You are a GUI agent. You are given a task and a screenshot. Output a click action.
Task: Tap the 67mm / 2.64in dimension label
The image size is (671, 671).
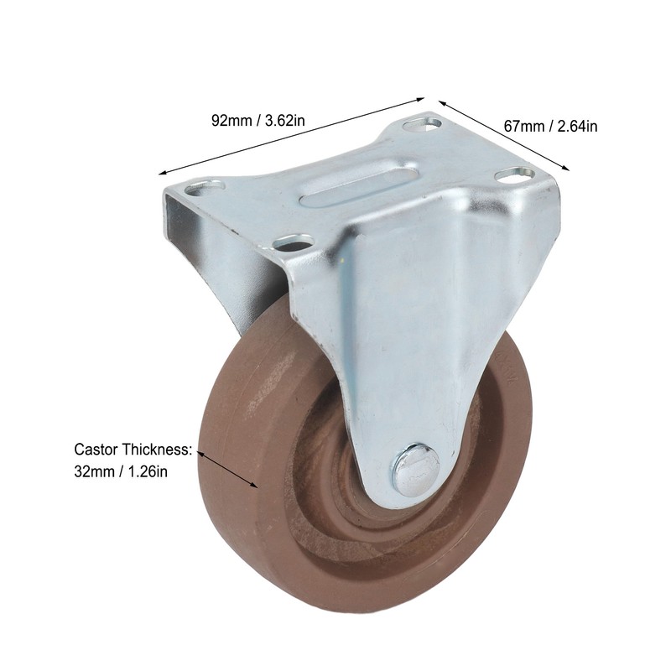pos(550,127)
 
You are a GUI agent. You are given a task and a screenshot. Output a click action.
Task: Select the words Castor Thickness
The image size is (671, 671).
pos(133,450)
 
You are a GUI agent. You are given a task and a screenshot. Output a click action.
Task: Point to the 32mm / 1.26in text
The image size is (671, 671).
pos(121,471)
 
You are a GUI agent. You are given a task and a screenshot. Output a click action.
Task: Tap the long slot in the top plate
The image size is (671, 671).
pos(362,184)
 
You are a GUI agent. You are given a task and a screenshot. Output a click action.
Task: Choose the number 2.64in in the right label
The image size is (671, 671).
pos(577,127)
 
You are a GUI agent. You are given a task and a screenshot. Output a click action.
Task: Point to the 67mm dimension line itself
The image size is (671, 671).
pos(503,135)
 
